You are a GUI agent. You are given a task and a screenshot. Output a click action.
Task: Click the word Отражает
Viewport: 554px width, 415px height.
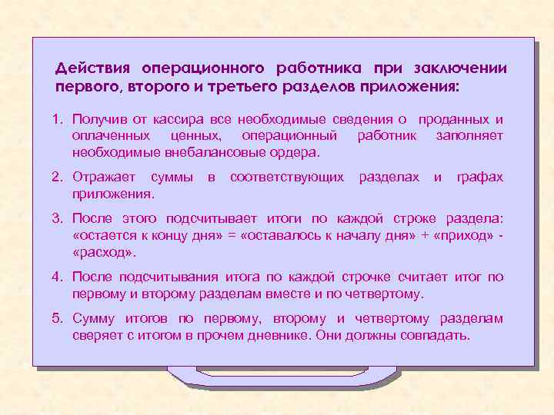click(104, 178)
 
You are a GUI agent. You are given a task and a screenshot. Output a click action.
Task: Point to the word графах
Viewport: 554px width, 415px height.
click(479, 178)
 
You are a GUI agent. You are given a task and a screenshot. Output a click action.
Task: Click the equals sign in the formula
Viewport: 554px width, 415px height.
click(232, 236)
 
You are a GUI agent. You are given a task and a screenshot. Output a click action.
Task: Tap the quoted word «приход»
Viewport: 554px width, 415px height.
click(461, 236)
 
